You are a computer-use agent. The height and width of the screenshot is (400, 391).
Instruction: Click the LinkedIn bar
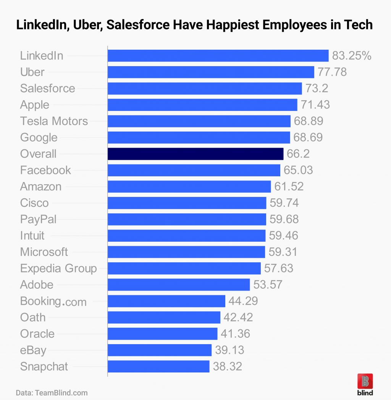(218, 55)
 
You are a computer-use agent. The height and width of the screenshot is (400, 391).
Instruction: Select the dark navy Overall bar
(195, 154)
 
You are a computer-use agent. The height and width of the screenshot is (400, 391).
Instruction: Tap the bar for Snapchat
(158, 366)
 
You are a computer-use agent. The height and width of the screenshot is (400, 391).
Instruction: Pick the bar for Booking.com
(166, 301)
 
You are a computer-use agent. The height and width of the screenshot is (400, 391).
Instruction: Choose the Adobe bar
(179, 285)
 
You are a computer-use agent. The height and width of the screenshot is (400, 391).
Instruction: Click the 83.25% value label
(352, 55)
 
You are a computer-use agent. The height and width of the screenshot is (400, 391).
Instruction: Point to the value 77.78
(332, 72)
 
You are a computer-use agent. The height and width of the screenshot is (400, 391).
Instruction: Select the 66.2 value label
(298, 154)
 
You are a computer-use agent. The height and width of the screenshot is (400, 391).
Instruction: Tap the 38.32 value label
(228, 366)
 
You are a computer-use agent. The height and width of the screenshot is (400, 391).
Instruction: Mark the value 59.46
(284, 236)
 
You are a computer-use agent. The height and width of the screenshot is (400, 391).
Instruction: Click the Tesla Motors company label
(54, 121)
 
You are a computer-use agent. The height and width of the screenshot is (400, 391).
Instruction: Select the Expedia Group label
(58, 268)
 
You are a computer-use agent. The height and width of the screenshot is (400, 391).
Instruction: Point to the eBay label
(33, 350)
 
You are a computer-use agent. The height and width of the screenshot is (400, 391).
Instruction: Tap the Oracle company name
(37, 333)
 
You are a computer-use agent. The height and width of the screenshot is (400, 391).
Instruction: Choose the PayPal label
(38, 219)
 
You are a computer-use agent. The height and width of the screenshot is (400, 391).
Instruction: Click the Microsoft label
(44, 252)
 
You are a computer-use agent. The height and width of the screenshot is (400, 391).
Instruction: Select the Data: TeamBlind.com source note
(52, 393)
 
